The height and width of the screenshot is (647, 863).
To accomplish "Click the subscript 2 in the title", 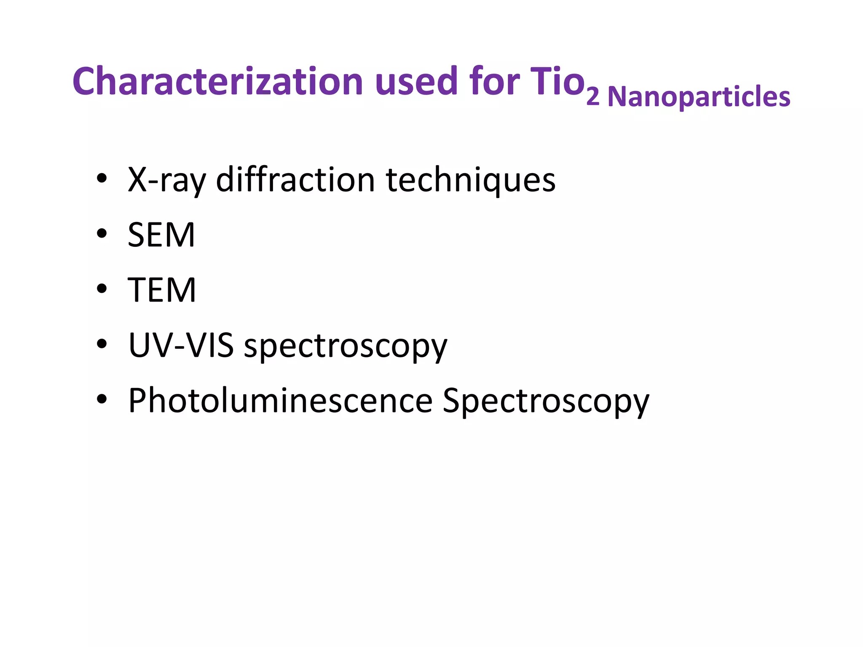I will point(593,98).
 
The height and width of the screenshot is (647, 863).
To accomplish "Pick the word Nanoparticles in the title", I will point(699,97).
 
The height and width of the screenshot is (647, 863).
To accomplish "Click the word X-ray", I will point(167,180).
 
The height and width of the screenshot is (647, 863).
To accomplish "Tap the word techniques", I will point(471,180).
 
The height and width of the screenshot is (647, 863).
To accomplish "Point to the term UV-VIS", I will point(181,345).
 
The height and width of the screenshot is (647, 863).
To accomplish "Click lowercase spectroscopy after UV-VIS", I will point(346,346).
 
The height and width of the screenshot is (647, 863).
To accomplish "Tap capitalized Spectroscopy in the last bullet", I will point(546,401).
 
